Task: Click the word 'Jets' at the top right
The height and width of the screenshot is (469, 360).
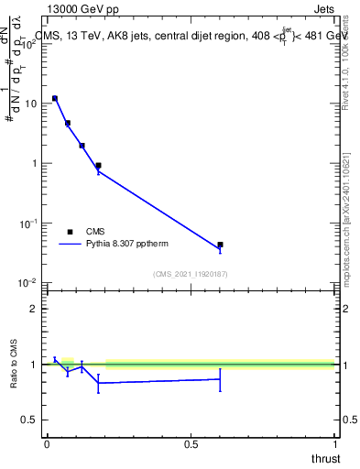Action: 322,10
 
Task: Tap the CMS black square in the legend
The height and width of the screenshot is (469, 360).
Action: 70,232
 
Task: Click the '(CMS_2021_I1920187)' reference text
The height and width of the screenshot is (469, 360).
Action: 190,273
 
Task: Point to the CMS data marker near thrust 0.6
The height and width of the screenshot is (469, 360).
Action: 220,245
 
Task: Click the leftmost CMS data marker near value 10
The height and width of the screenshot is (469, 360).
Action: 55,98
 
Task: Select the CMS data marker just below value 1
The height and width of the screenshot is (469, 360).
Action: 98,166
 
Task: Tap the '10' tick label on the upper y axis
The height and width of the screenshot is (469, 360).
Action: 30,104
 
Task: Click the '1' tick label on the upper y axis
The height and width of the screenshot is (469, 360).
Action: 34,163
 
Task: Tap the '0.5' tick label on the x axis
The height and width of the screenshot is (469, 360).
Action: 191,443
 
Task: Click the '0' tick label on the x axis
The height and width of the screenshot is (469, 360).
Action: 46,443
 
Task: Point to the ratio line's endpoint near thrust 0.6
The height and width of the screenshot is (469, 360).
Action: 220,378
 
